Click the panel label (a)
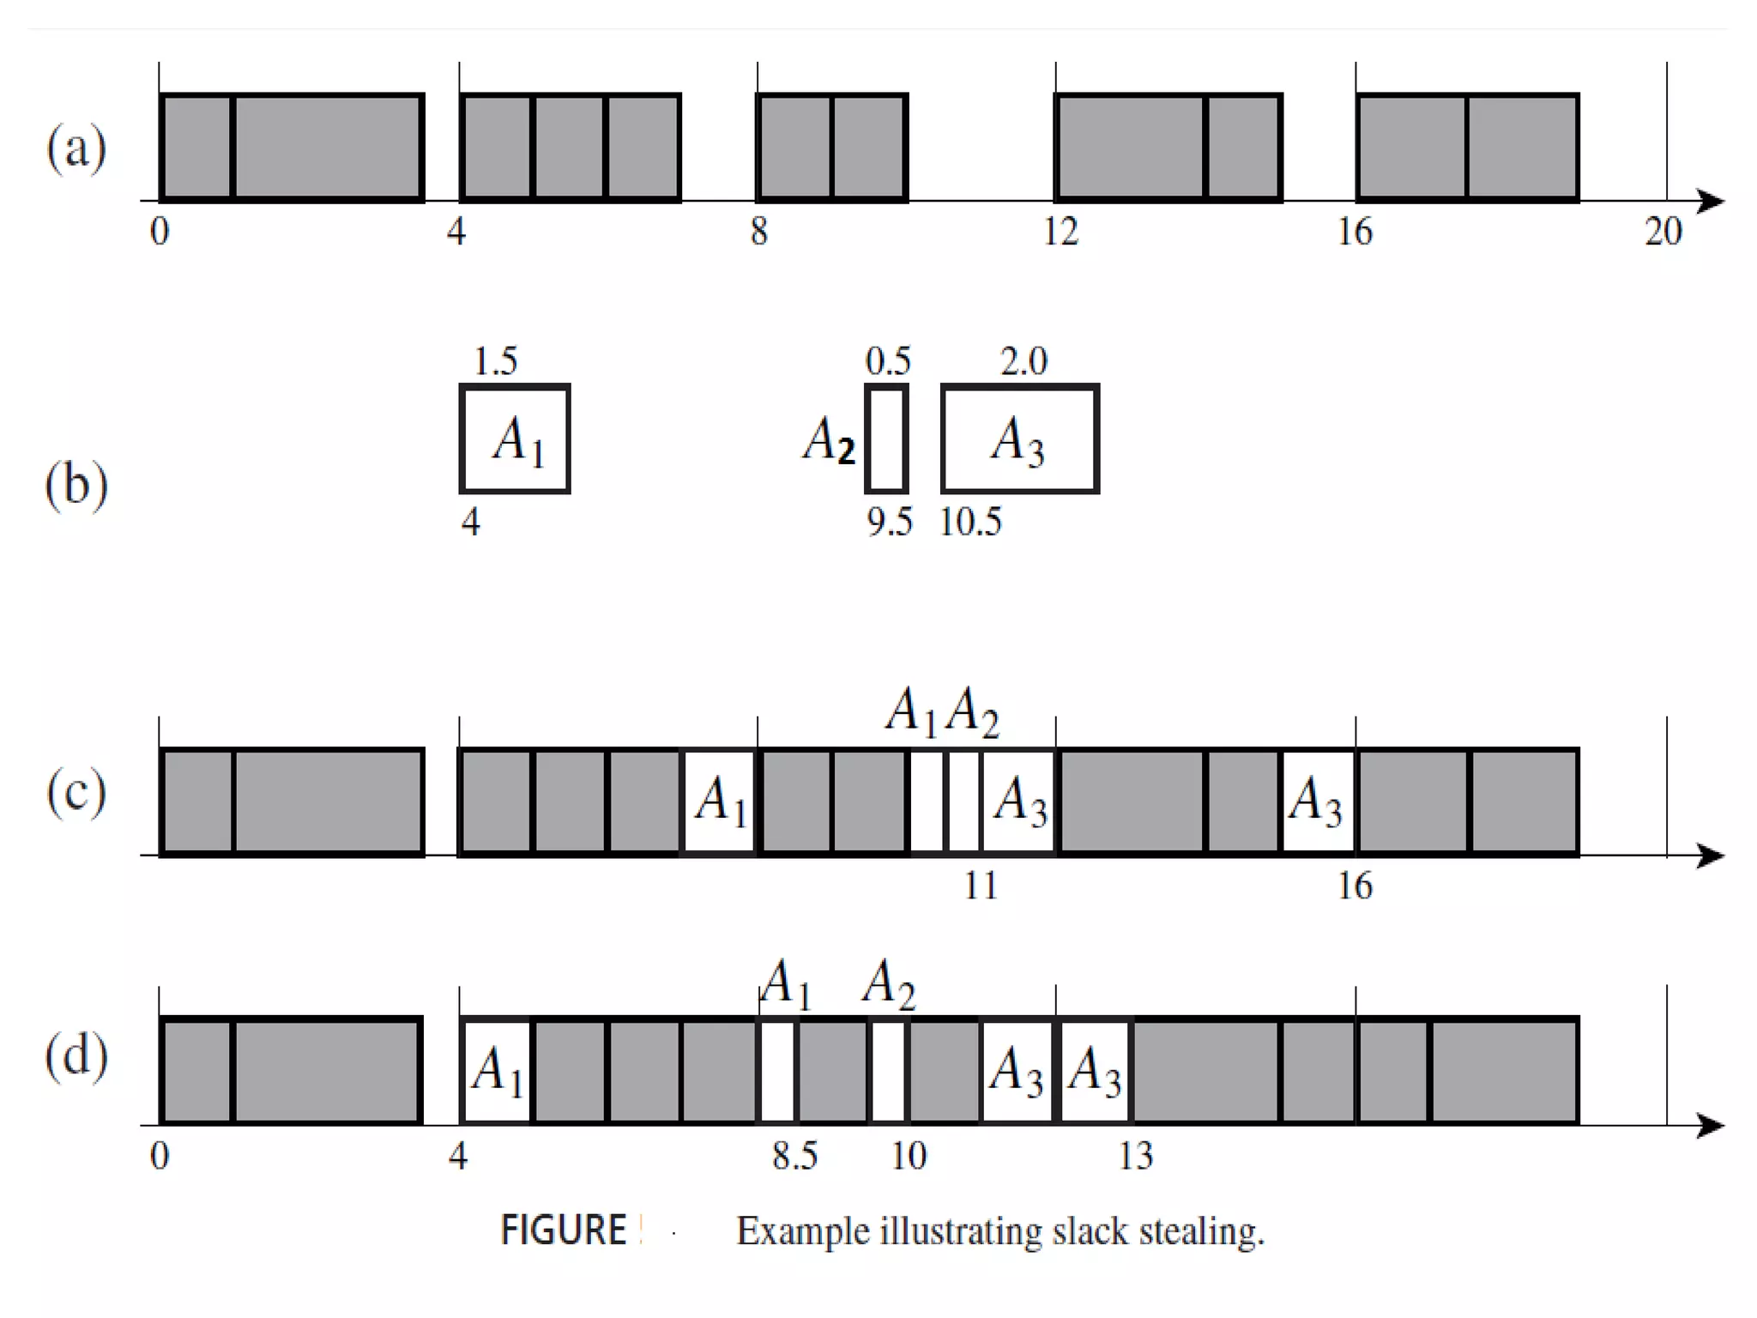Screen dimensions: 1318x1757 (x=76, y=148)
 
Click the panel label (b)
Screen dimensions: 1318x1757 (x=76, y=484)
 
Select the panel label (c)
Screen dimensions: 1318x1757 (x=76, y=791)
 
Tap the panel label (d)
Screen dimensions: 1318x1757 (x=76, y=1055)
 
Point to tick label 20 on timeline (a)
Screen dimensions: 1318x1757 (x=1663, y=232)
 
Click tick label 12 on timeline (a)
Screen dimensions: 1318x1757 (x=1060, y=232)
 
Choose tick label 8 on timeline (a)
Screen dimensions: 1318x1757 (x=759, y=232)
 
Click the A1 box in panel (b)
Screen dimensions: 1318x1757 (x=516, y=439)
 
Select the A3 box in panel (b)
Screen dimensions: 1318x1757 (x=1020, y=439)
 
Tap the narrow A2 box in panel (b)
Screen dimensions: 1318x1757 (x=886, y=439)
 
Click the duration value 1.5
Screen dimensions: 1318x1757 (x=496, y=361)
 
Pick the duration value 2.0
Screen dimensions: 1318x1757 (x=1023, y=361)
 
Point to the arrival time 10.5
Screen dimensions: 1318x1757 (x=970, y=522)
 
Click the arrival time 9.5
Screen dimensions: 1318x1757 (x=890, y=522)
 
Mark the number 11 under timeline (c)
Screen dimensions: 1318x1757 (x=981, y=886)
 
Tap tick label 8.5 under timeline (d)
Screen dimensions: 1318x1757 (x=794, y=1156)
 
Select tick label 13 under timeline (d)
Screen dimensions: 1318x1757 (x=1135, y=1156)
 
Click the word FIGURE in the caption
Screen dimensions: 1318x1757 (x=564, y=1230)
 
